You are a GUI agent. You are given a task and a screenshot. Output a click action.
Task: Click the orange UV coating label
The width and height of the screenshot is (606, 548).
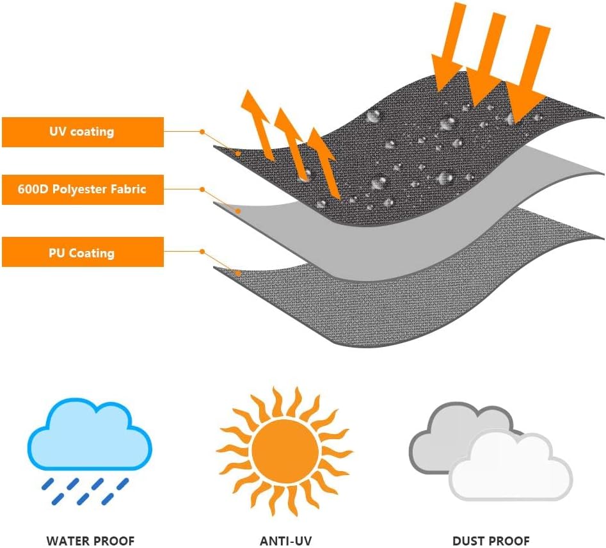coord(83,132)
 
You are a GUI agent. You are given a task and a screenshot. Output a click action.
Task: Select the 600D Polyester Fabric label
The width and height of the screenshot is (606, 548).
coord(83,189)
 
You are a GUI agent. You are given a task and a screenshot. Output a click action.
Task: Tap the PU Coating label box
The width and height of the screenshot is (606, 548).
coord(83,253)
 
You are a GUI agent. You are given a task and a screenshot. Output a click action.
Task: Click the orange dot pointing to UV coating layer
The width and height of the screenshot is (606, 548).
coord(202,131)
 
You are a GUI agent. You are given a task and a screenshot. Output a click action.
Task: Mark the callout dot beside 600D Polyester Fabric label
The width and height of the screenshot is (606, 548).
coord(202,189)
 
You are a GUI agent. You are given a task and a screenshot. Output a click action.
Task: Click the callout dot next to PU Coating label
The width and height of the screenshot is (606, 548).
coord(202,252)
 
